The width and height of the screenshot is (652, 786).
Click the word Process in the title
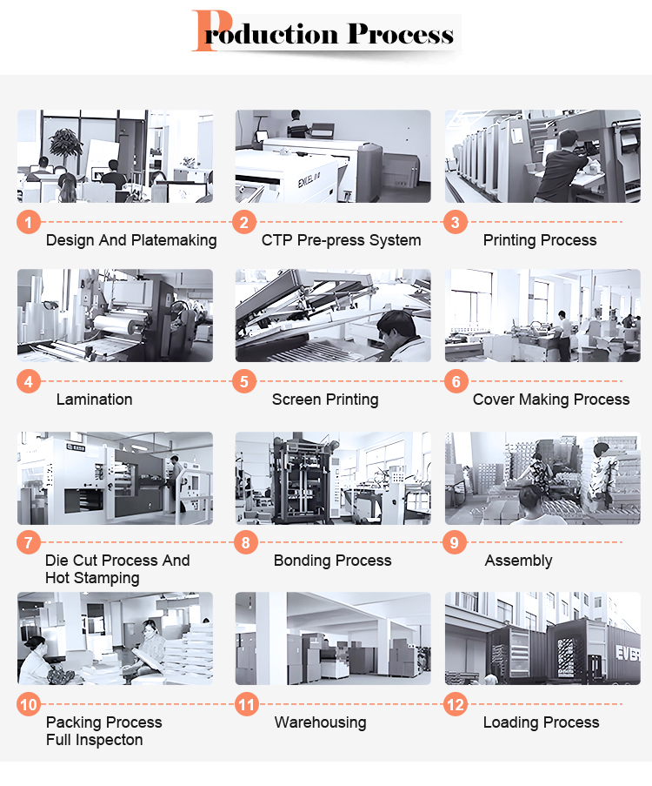click(x=401, y=34)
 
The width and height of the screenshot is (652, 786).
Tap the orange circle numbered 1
click(x=29, y=222)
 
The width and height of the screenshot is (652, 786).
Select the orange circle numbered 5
click(x=244, y=381)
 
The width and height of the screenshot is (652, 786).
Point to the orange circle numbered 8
click(x=246, y=542)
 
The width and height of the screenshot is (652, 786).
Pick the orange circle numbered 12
click(x=456, y=705)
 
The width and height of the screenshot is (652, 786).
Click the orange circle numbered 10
click(x=29, y=704)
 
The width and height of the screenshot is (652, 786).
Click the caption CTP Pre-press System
click(x=341, y=240)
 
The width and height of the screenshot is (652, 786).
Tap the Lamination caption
click(x=94, y=400)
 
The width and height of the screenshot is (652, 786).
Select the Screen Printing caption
click(x=325, y=400)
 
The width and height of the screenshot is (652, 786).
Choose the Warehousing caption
click(x=321, y=722)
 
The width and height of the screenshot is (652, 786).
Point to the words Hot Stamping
click(x=92, y=578)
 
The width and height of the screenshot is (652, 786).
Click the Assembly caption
click(x=518, y=561)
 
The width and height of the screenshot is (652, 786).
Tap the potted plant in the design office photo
click(x=65, y=142)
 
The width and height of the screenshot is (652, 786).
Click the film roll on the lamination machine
click(x=122, y=323)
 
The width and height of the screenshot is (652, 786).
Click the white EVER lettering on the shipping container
click(x=628, y=653)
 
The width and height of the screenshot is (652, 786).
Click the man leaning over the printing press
click(x=563, y=166)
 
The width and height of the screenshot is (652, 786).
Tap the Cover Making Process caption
click(x=551, y=400)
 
